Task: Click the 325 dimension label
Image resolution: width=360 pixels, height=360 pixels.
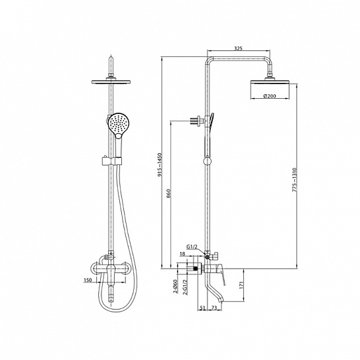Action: click(238, 48)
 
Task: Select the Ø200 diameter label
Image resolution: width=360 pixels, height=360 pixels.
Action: click(270, 96)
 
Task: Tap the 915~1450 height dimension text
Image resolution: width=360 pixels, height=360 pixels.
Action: click(160, 164)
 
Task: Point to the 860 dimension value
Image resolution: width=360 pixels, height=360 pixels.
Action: click(168, 194)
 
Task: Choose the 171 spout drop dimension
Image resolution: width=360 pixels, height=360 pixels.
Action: click(241, 284)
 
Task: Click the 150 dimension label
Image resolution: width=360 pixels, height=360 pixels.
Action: click(88, 280)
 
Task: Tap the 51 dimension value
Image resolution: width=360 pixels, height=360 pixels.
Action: click(202, 308)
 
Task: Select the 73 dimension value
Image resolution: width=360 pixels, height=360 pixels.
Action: click(213, 308)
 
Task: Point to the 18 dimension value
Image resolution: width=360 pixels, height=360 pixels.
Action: click(182, 254)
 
